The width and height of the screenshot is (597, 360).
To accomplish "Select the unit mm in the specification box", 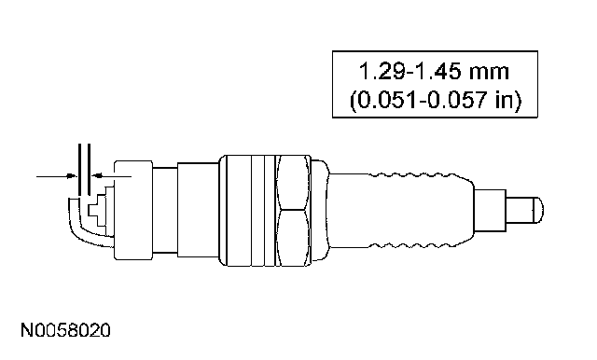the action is click(489, 73).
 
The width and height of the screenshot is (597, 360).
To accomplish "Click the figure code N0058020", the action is click(65, 330).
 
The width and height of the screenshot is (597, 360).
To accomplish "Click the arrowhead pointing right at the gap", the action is click(71, 176).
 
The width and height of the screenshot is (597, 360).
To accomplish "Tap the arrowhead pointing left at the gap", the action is click(97, 175).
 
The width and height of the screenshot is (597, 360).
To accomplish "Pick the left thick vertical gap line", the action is click(79, 170).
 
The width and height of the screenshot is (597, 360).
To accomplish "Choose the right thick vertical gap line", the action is click(89, 170).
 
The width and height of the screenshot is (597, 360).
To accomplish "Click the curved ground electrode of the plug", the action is click(77, 228).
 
